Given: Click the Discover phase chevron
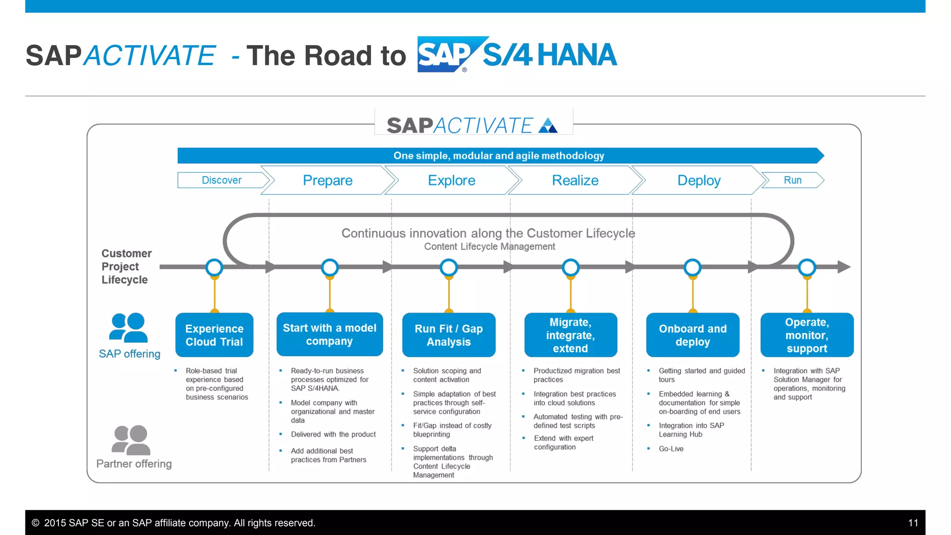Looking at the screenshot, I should tap(221, 180).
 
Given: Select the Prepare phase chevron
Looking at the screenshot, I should tap(327, 180).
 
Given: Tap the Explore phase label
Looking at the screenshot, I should tap(451, 180).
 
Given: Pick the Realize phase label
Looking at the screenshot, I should tap(575, 180).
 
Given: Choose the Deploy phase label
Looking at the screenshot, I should tap(699, 180).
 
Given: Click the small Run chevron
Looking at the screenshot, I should tap(793, 180).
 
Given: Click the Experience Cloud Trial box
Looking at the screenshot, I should tap(214, 335).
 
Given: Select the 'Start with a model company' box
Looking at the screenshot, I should tap(330, 334).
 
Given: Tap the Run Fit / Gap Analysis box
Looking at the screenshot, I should tap(449, 335).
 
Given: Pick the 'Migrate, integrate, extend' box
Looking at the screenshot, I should tap(570, 335).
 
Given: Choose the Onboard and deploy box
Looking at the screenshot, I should tap(692, 335).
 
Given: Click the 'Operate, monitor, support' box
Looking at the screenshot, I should tap(807, 335).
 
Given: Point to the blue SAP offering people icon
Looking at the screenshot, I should tap(129, 328).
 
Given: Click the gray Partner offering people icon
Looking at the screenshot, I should tap(131, 440).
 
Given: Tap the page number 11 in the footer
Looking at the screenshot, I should tap(913, 523).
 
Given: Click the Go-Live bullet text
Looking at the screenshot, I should tap(671, 449).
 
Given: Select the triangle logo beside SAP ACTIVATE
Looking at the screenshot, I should tap(548, 126).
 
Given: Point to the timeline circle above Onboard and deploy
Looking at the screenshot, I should tap(692, 267).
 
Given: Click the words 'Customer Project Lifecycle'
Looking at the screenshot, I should tap(126, 267).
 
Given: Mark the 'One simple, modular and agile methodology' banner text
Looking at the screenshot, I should tap(499, 156).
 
